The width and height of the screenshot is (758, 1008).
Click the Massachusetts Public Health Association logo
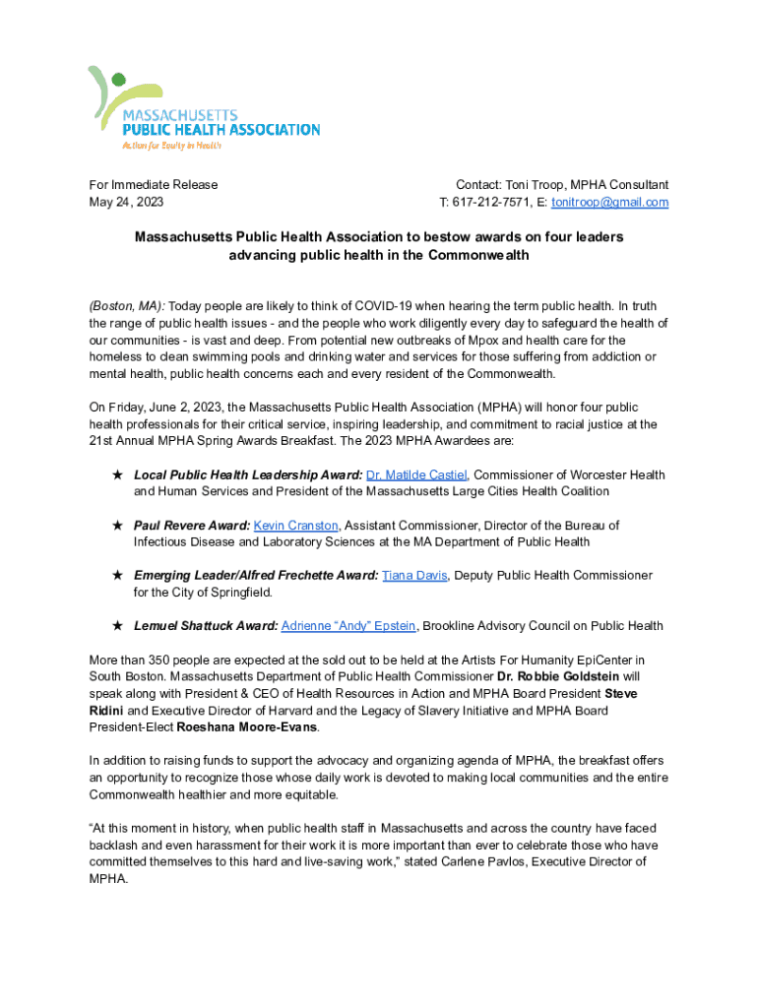[202, 108]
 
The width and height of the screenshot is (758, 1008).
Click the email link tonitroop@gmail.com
[609, 203]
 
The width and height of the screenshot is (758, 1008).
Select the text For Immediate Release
[154, 185]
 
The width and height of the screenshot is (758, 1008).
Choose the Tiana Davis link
[414, 576]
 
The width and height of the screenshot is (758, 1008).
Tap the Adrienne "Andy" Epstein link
[348, 626]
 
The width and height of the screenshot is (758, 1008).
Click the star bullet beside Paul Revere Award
[117, 527]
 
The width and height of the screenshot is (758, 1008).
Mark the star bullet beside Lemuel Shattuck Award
[117, 626]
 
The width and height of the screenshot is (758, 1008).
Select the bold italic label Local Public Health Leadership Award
[248, 475]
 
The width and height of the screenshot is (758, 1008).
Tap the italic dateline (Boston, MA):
[128, 306]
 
